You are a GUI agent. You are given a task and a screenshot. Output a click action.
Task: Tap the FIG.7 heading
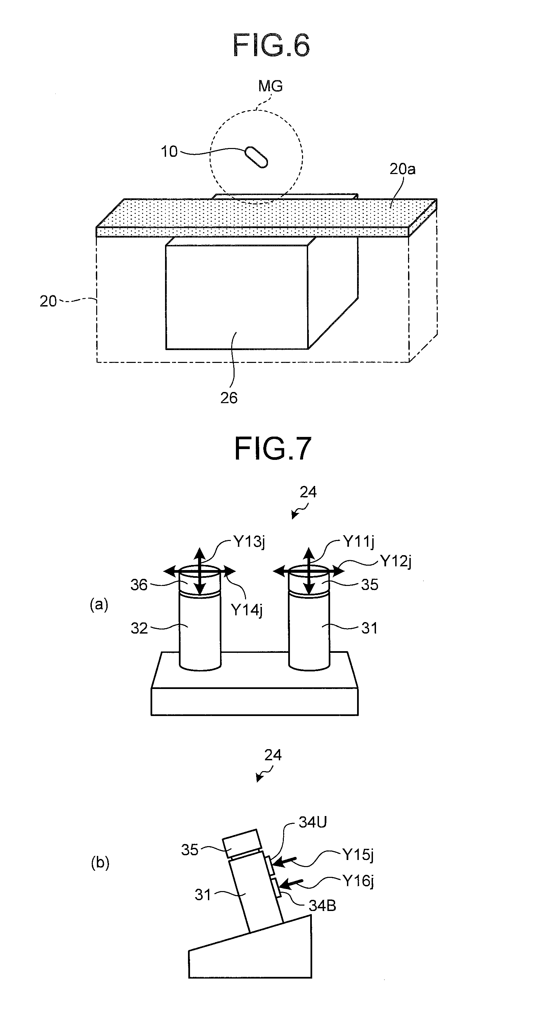pos(273,448)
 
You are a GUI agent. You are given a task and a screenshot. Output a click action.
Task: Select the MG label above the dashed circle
pos(270,86)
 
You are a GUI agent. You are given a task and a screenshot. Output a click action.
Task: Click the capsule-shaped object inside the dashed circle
pos(256,157)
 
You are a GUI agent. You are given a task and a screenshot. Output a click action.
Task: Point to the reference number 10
pos(169,152)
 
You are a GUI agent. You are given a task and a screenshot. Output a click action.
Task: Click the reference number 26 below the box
pos(229,398)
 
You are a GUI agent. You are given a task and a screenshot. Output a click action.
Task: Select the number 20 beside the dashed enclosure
pos(48,301)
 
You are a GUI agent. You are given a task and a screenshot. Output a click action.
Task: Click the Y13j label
pos(249,542)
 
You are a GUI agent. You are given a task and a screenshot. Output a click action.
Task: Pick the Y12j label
pos(396,562)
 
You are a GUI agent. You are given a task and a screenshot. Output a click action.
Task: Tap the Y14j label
pos(247,610)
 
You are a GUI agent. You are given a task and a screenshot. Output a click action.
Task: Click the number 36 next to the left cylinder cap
pos(139,585)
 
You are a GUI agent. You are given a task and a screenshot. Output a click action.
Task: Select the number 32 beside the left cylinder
pos(139,628)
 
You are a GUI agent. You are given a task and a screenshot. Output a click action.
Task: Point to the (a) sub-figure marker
pos(99,605)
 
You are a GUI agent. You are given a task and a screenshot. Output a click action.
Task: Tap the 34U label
pos(313,822)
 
